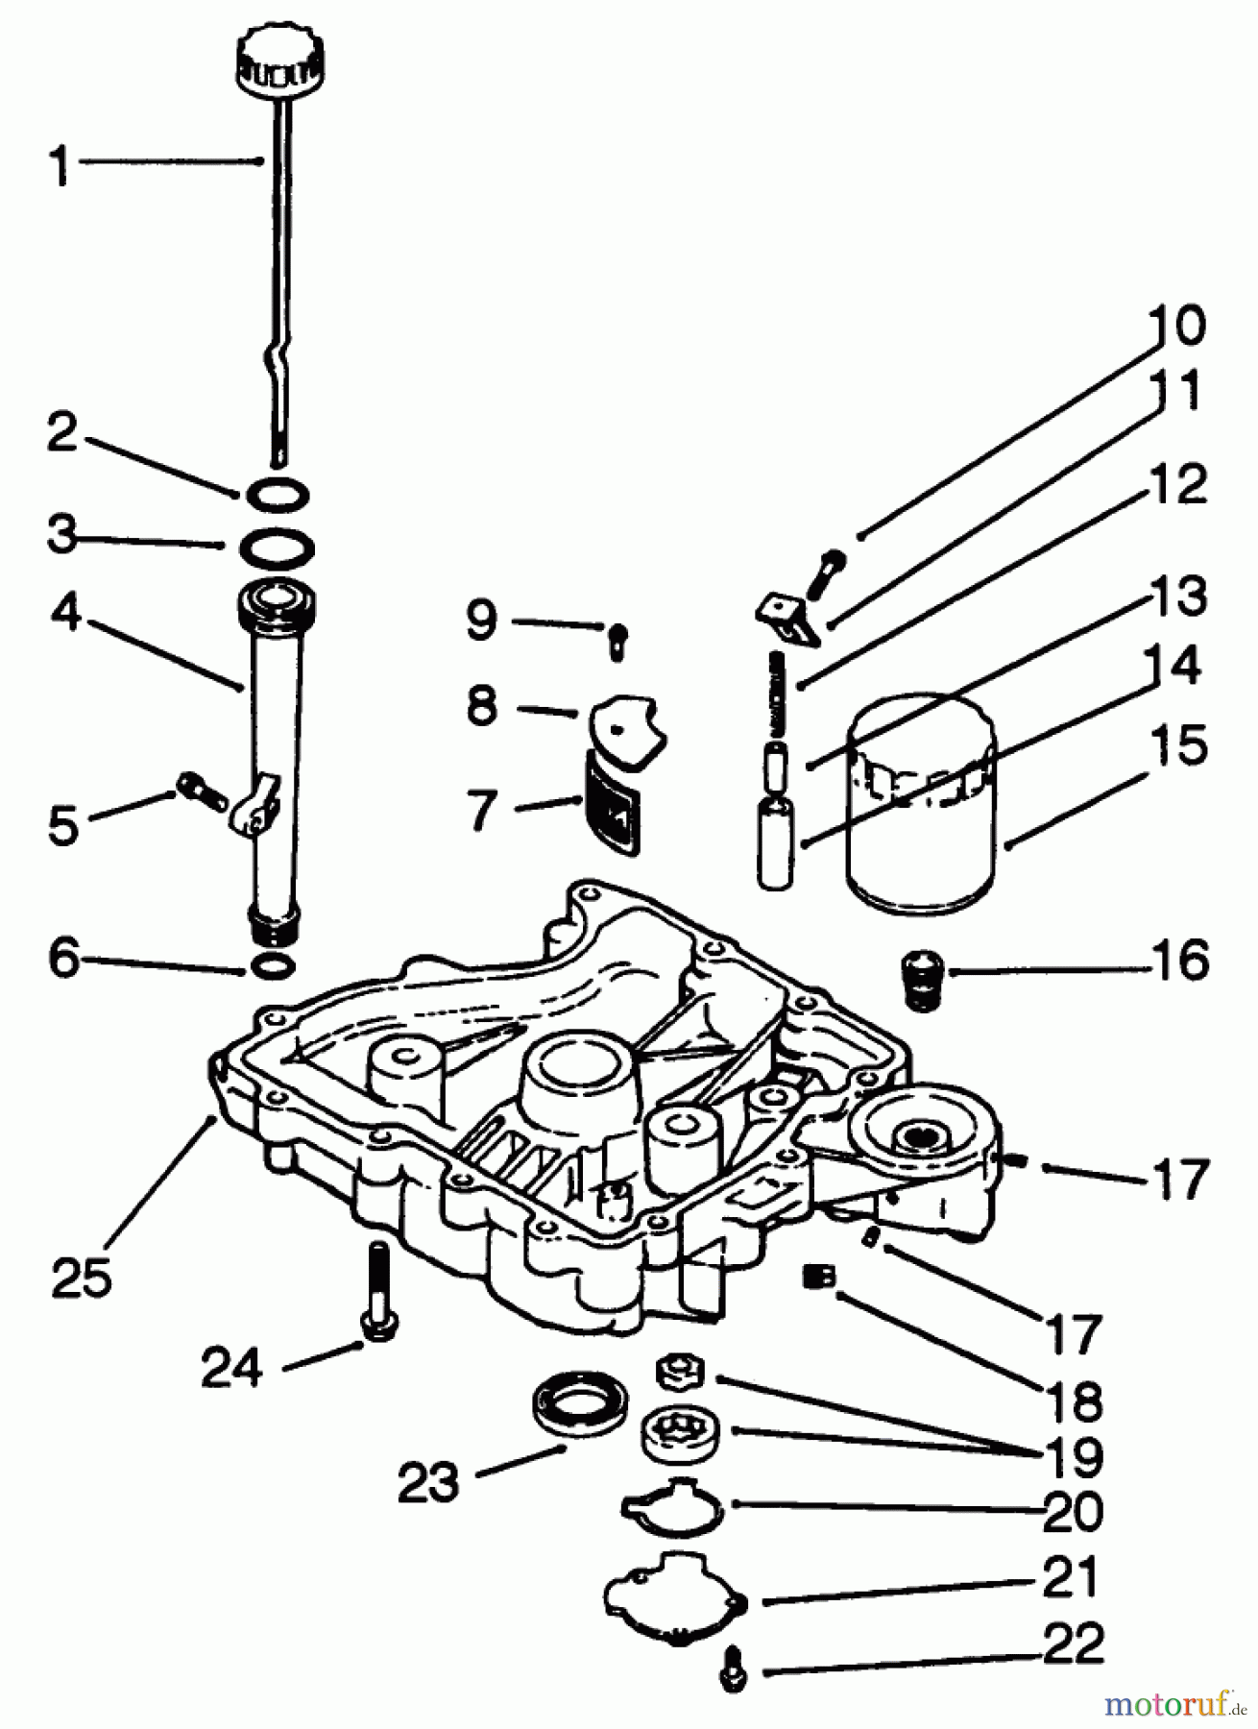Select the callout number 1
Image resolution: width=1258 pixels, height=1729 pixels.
point(60,165)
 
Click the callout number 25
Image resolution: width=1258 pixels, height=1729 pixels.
point(81,1277)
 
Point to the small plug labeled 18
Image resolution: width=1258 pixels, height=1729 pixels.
point(819,1277)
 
